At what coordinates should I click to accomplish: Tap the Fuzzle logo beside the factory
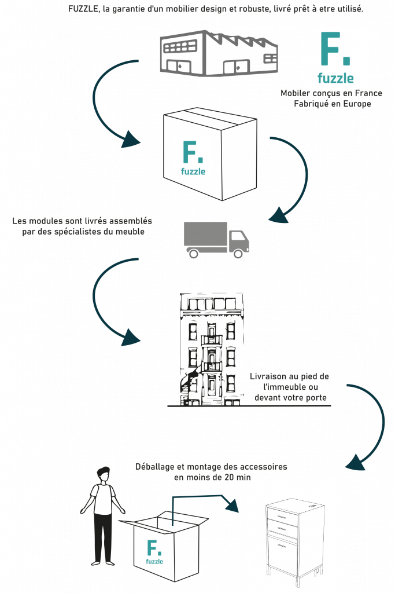point(334,57)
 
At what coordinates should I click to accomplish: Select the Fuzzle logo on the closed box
point(193,157)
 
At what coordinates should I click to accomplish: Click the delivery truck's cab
point(239,240)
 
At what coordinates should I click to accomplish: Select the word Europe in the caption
point(356,104)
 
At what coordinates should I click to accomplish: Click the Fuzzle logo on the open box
point(154,551)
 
